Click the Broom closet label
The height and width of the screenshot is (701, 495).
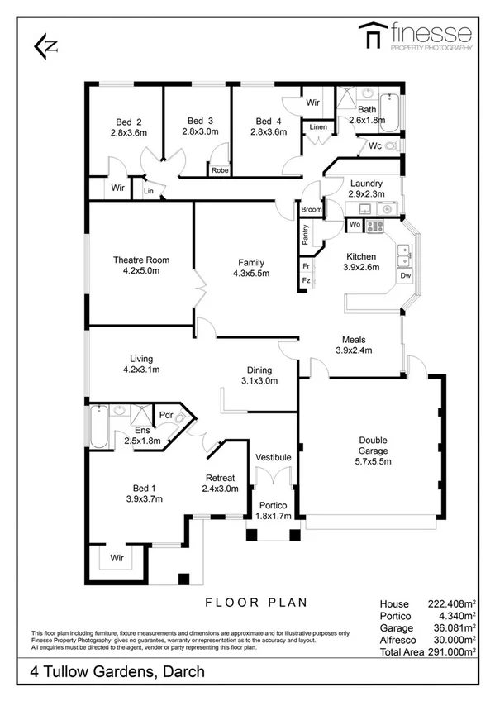(311, 210)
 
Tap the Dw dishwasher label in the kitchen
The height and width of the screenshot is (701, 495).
(405, 275)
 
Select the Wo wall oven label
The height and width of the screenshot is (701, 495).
(355, 224)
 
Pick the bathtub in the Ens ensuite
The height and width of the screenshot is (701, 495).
(98, 427)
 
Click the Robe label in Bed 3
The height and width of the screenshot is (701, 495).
(219, 170)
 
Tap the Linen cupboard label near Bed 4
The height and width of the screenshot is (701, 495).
(318, 127)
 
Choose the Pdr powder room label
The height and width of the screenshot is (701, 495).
(165, 415)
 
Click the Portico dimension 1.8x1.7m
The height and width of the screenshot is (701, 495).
(272, 516)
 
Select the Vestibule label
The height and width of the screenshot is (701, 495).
(272, 456)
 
